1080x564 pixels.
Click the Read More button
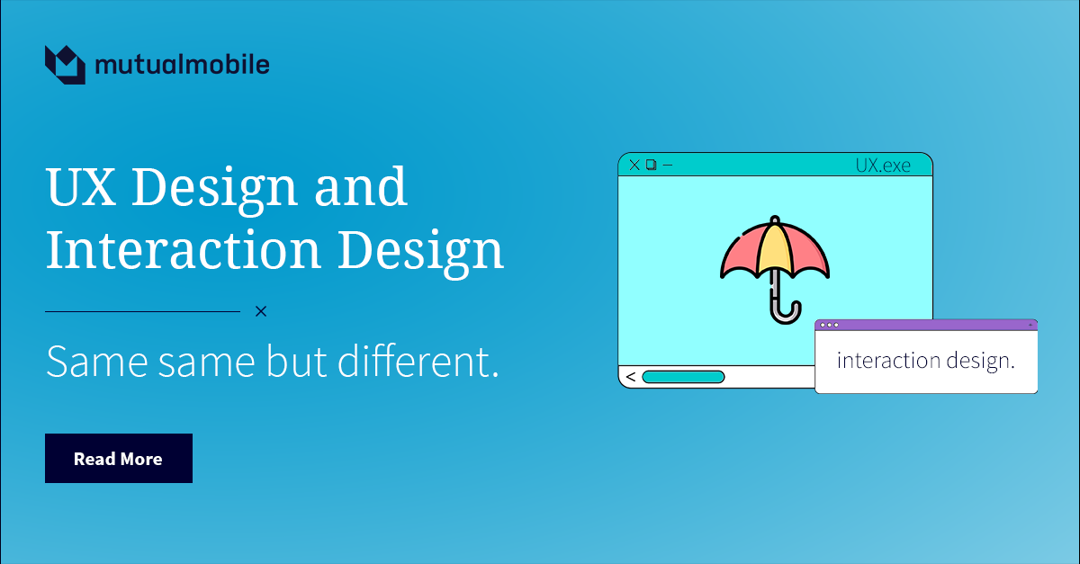[118, 459]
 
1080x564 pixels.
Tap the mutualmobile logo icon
[65, 64]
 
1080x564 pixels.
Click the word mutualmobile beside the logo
[181, 65]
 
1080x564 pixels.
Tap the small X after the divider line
[261, 311]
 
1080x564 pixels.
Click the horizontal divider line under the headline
[142, 311]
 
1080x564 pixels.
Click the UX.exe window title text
[882, 166]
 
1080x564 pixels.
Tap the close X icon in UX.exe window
[634, 165]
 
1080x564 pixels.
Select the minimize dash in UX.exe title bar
[668, 165]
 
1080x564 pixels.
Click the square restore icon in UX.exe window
[652, 165]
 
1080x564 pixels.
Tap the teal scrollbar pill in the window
[683, 377]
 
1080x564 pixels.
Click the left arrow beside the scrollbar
[630, 377]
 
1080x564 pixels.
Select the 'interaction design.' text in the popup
[925, 362]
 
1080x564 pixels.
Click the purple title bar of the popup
[927, 325]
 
